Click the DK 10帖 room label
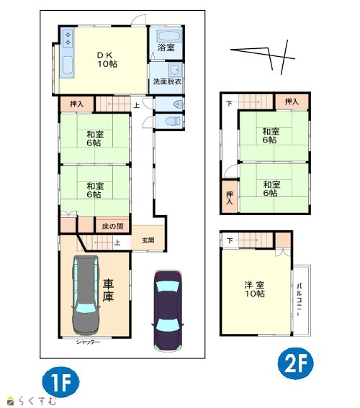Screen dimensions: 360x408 pyautogui.click(x=107, y=60)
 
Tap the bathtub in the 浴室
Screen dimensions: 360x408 pyautogui.click(x=168, y=36)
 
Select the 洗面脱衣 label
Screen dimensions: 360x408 pyautogui.click(x=167, y=81)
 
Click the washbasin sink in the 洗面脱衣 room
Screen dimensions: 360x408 pyautogui.click(x=175, y=70)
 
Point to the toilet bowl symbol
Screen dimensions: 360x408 pyautogui.click(x=173, y=121)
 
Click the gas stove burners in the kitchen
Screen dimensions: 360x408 pyautogui.click(x=68, y=37)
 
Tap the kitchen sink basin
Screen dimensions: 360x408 pyautogui.click(x=68, y=65)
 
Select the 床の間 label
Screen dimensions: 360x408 pyautogui.click(x=112, y=226)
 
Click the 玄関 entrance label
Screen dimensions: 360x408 pyautogui.click(x=148, y=240)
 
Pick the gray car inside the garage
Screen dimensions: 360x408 pyautogui.click(x=86, y=295)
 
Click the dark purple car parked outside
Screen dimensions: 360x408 pyautogui.click(x=168, y=311)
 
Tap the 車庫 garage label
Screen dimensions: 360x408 pyautogui.click(x=108, y=290)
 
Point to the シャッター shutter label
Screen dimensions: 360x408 pyautogui.click(x=88, y=342)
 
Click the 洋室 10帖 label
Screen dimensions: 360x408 pyautogui.click(x=254, y=289)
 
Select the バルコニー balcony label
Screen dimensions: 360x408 pyautogui.click(x=300, y=299)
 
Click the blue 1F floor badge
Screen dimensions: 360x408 pyautogui.click(x=60, y=382)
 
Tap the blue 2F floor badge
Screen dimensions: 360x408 pyautogui.click(x=296, y=363)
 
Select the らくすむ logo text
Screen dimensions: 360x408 pyautogui.click(x=37, y=401)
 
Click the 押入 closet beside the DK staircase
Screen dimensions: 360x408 pyautogui.click(x=77, y=104)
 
